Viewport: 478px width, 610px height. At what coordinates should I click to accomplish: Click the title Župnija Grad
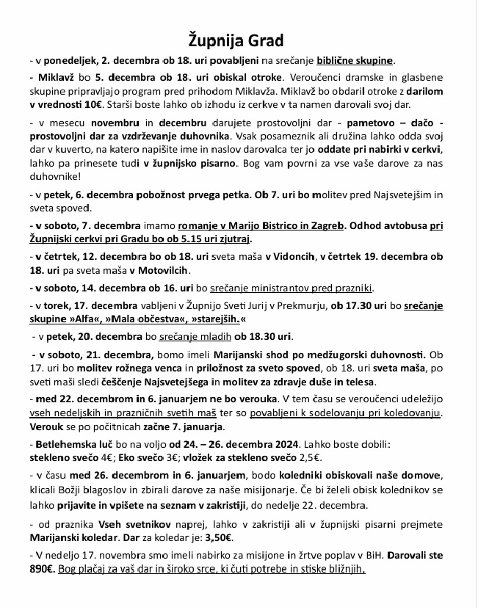coord(239,39)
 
